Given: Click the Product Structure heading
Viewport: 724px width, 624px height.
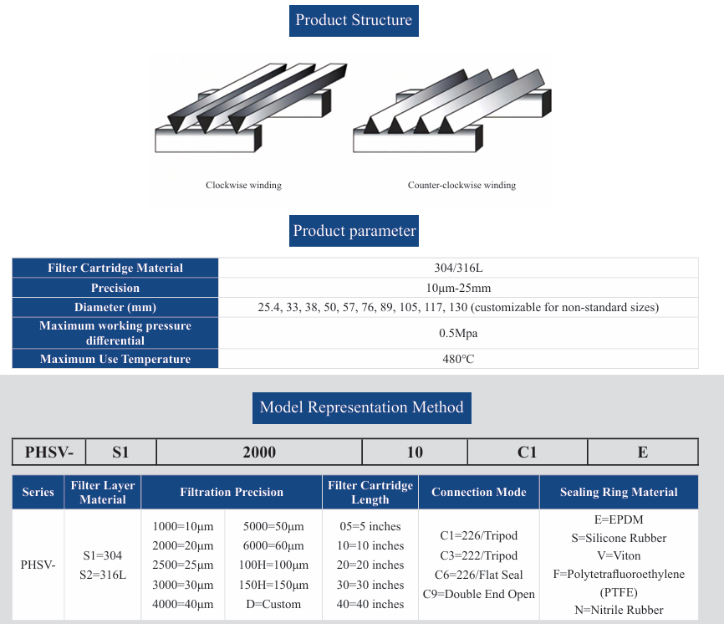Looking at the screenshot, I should [354, 20].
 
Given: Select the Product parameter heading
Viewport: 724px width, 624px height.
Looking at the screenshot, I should [354, 231].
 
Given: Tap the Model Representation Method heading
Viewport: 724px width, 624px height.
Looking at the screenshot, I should [361, 407].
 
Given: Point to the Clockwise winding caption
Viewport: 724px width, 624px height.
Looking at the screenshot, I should [243, 185].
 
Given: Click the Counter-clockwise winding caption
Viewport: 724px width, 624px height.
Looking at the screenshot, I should [461, 185].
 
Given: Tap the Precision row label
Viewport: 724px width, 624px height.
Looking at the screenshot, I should [115, 288].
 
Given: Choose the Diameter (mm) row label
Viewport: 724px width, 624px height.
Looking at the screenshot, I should [115, 307].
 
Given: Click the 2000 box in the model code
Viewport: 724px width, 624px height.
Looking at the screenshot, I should [259, 453].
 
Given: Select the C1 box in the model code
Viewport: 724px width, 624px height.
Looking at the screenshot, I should [527, 453].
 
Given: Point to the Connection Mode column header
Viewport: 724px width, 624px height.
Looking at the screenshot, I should [479, 492].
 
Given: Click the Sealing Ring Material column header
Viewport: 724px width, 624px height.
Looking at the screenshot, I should [619, 492].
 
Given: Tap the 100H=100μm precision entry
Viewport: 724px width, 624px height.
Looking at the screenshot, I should [273, 565].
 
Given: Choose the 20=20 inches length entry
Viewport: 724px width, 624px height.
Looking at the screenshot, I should [370, 565].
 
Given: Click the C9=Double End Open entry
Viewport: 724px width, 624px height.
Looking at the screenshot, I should [479, 594].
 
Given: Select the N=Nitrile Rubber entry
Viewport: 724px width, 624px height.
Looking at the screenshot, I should [618, 610].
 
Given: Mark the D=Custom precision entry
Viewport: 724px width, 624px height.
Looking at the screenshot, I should [273, 604].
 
